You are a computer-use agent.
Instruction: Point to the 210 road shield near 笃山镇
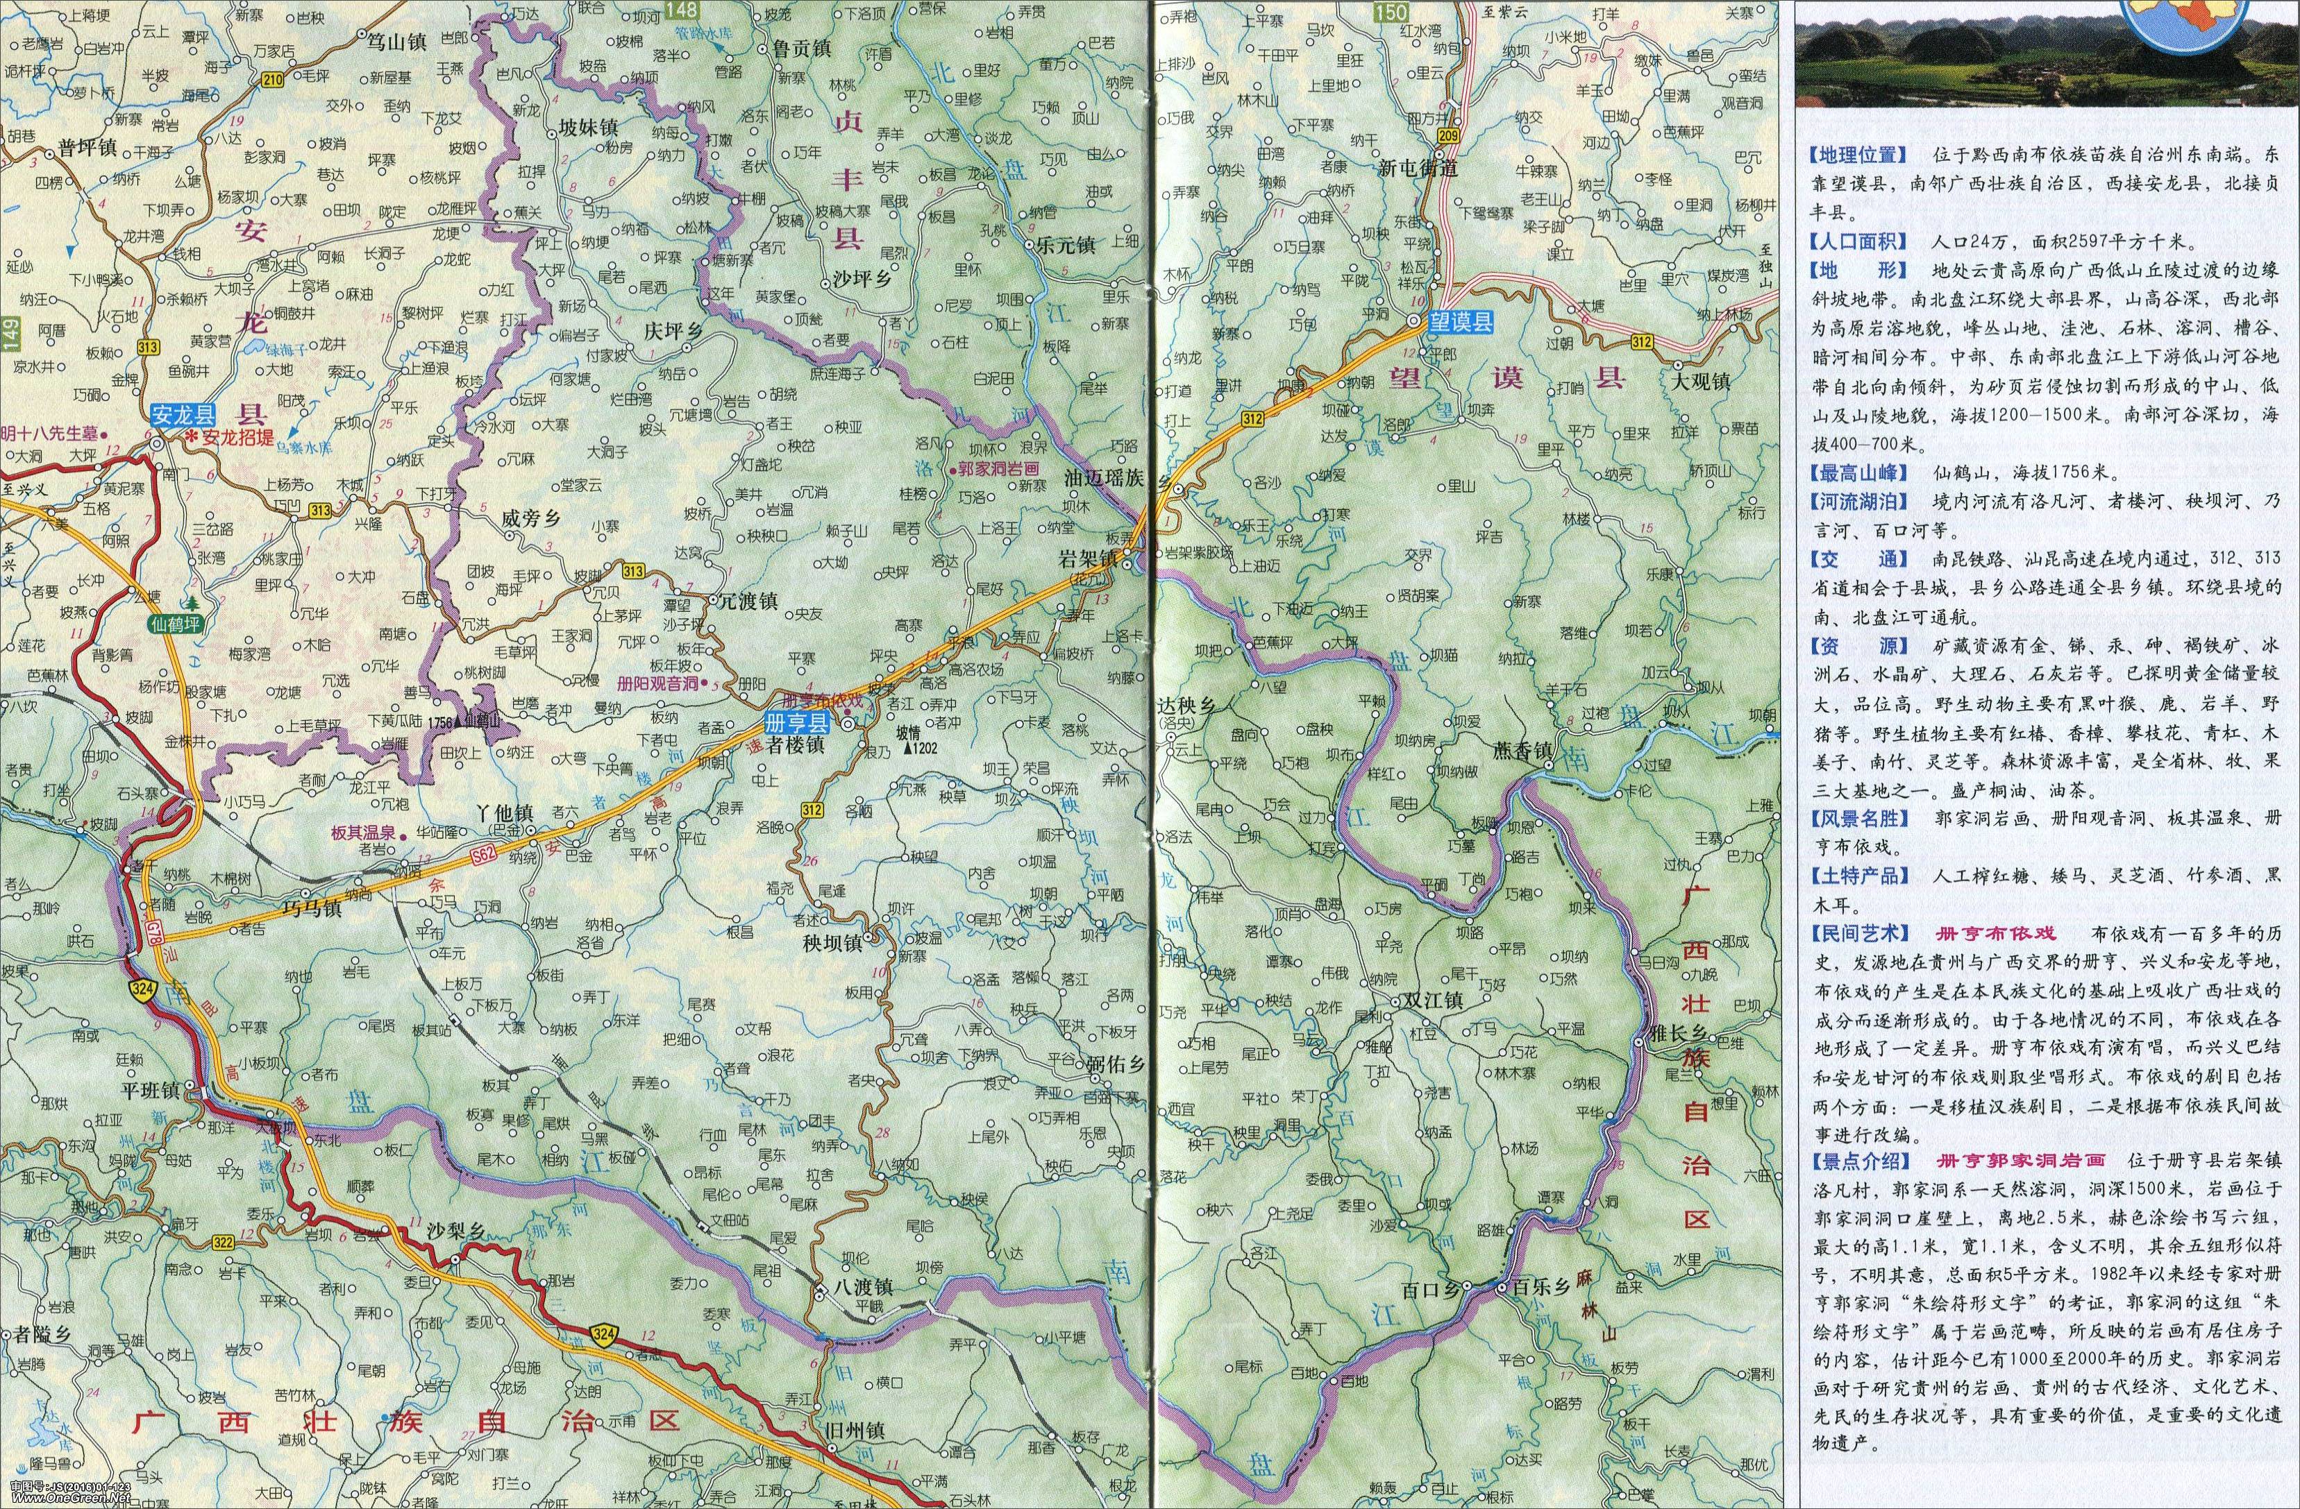pyautogui.click(x=273, y=81)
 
